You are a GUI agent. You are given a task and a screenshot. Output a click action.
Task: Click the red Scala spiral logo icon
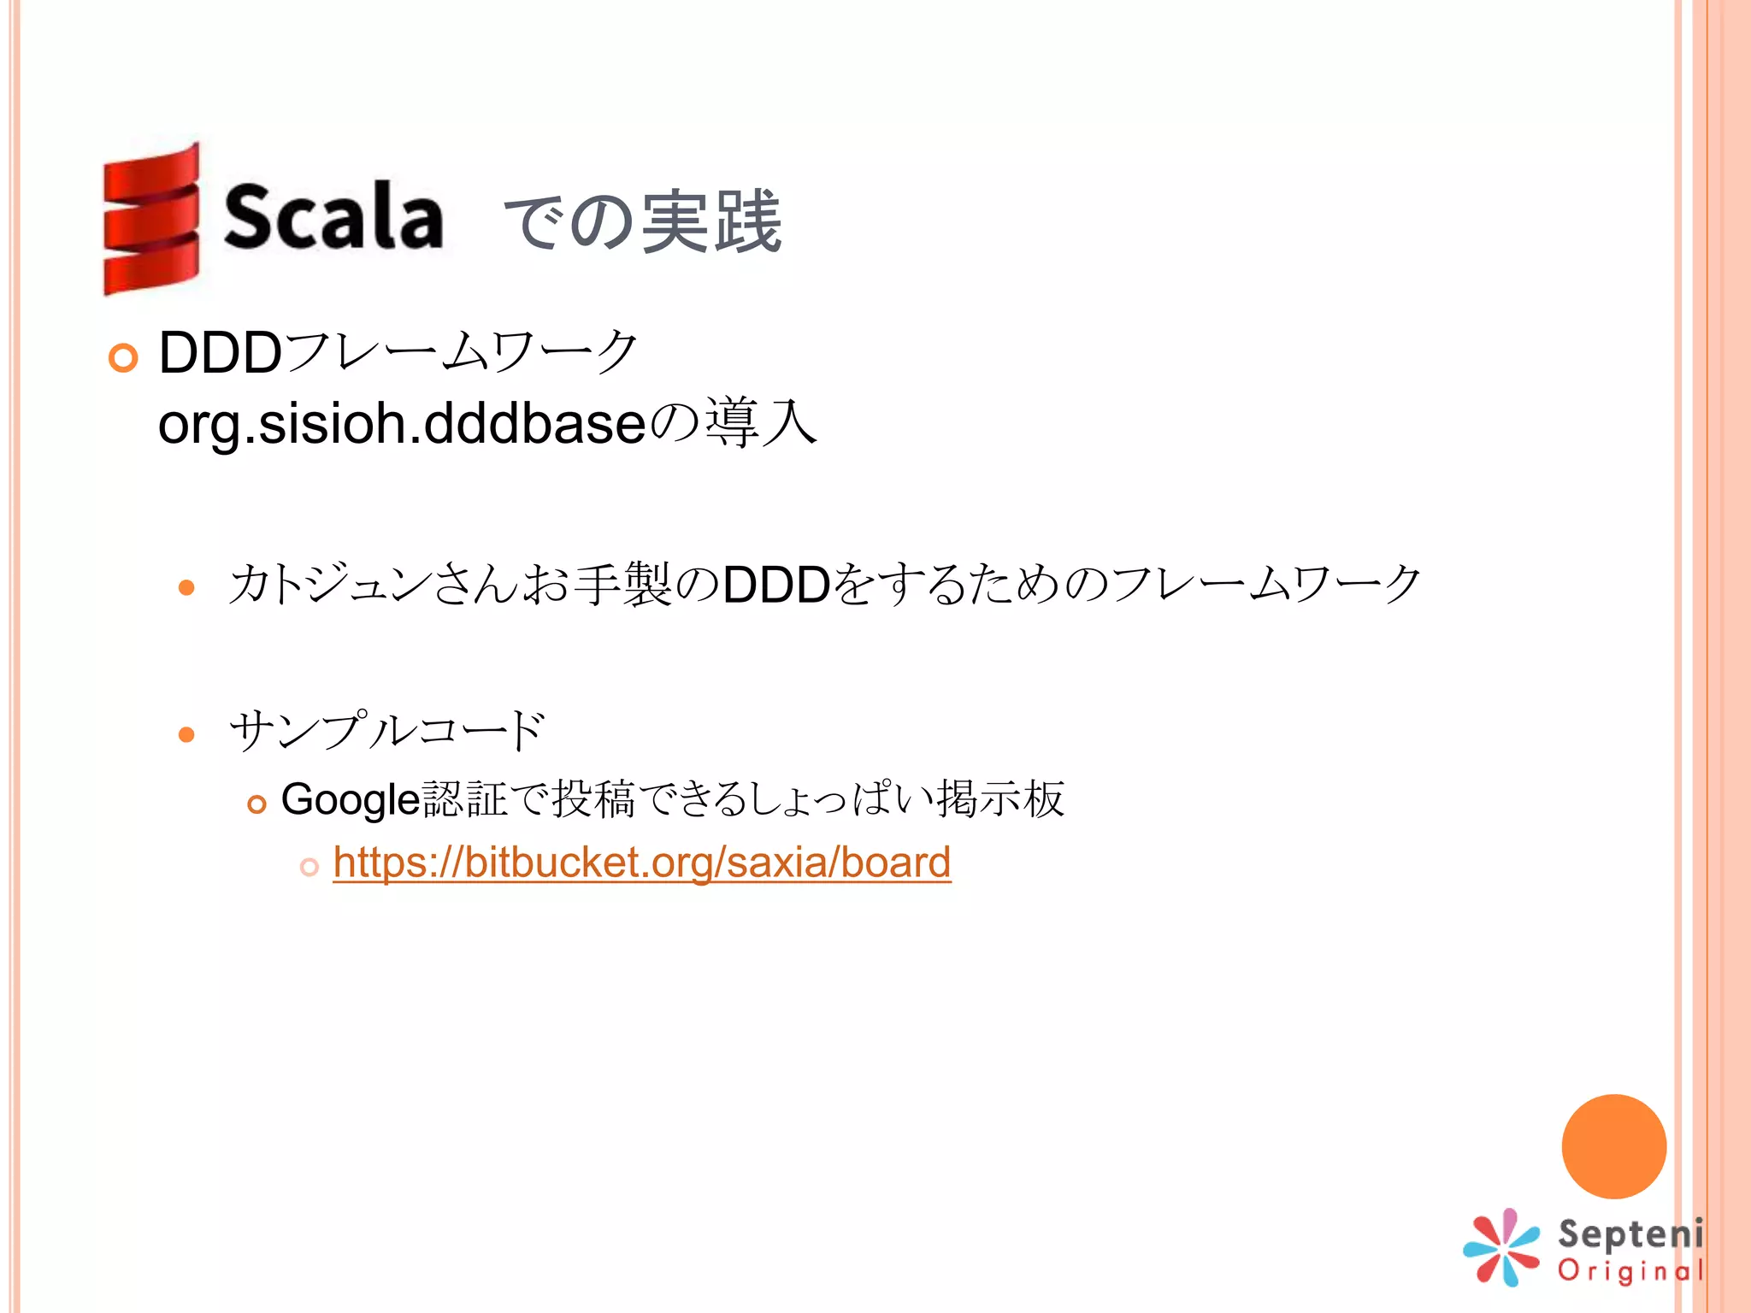[151, 220]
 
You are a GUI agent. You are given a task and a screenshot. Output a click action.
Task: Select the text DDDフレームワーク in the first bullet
[398, 352]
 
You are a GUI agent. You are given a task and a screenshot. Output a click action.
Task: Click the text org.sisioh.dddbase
[401, 423]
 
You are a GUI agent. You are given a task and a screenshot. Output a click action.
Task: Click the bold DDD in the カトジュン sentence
[776, 585]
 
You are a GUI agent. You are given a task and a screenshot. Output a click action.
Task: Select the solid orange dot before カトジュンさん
[186, 588]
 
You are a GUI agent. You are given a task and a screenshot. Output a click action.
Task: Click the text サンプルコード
[386, 731]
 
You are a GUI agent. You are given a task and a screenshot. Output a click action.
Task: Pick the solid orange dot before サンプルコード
[186, 734]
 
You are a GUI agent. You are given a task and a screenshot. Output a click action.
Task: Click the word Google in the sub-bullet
[351, 800]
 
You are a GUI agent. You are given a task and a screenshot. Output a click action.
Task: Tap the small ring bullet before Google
[256, 804]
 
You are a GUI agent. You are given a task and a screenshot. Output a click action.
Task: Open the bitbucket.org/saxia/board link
[641, 862]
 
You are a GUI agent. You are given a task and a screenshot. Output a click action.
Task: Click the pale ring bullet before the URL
[310, 867]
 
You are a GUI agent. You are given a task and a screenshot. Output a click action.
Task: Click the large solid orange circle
[1613, 1146]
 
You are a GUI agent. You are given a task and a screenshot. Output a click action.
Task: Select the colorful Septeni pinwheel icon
[1501, 1247]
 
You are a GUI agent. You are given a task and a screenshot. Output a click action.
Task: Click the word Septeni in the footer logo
[1630, 1234]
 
